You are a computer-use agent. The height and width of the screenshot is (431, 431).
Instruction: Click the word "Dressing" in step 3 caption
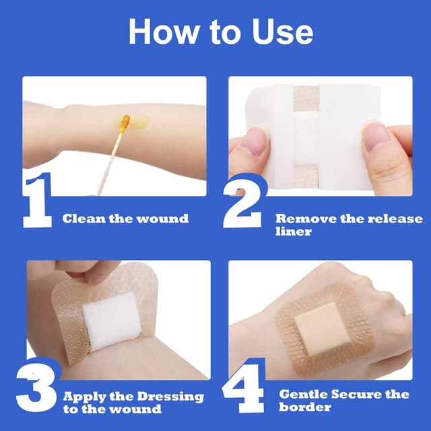point(172,396)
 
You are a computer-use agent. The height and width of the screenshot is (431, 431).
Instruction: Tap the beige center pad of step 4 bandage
point(316,324)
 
